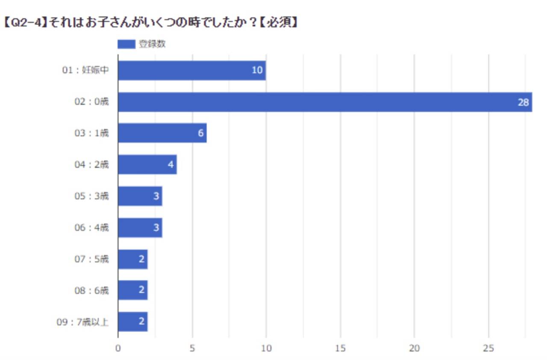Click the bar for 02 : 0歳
[325, 102]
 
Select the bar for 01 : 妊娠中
[192, 71]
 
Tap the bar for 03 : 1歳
[162, 133]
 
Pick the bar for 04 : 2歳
[147, 165]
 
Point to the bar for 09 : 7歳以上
[132, 322]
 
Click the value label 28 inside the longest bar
[523, 103]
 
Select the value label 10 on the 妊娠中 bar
[257, 71]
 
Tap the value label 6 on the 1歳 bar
[200, 133]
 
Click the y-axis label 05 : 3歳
[91, 196]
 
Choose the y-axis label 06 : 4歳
[91, 227]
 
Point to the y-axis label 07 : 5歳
[91, 259]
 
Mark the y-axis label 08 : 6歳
[91, 290]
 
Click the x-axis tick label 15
[341, 348]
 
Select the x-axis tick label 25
[488, 348]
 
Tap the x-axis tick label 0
[118, 348]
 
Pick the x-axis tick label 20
[415, 348]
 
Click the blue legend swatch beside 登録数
[126, 44]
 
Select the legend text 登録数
[152, 44]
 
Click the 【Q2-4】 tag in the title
[25, 23]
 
